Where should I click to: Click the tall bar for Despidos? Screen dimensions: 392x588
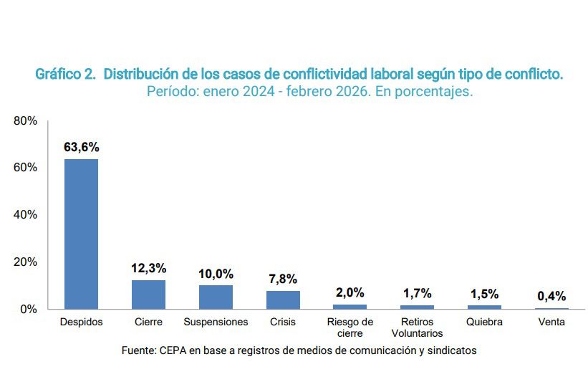[x=81, y=234]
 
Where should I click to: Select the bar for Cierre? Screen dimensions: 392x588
[x=148, y=295]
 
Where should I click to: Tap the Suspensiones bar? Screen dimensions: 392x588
[x=216, y=297]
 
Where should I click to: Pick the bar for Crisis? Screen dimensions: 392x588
[x=283, y=300]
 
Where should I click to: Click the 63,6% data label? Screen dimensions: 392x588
[x=81, y=148]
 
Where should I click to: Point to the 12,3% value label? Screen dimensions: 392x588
[x=148, y=268]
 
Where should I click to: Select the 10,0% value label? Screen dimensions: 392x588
[x=216, y=274]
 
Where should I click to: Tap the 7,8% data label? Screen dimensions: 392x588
[x=283, y=279]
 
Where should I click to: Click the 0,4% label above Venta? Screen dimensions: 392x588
[x=551, y=296]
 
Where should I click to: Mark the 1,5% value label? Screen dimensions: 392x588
[x=484, y=294]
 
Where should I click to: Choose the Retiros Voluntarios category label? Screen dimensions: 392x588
[x=417, y=328]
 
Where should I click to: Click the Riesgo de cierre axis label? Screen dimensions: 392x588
[x=350, y=328]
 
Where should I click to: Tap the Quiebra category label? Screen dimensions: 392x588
[x=484, y=322]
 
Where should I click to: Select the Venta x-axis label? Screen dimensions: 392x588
[x=551, y=322]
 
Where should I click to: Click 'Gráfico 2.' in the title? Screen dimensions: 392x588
[x=65, y=75]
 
